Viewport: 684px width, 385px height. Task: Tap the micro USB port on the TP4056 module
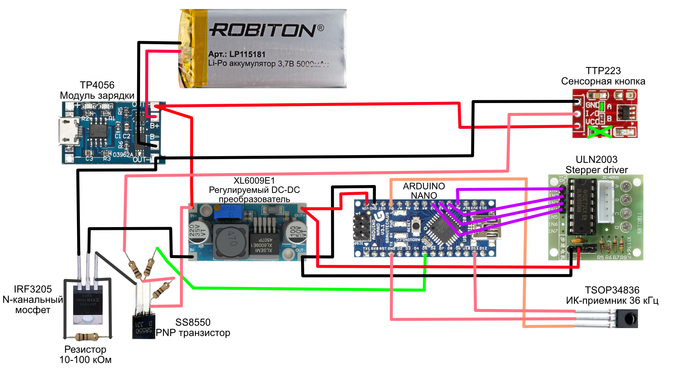pyautogui.click(x=69, y=132)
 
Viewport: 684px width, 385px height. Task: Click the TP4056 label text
pyautogui.click(x=97, y=85)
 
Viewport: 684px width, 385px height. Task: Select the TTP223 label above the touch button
pyautogui.click(x=603, y=71)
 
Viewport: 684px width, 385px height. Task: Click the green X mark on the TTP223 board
pyautogui.click(x=600, y=132)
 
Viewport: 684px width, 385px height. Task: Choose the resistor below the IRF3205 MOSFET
pyautogui.click(x=87, y=337)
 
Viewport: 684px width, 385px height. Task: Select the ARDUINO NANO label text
pyautogui.click(x=424, y=191)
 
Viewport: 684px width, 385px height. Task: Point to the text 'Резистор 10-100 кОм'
pyautogui.click(x=85, y=354)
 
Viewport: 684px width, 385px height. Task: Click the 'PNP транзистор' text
pyautogui.click(x=193, y=333)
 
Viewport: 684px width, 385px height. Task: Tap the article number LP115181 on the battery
pyautogui.click(x=247, y=55)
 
